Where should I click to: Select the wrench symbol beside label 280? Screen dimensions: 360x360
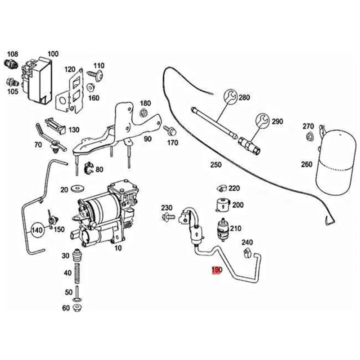pyautogui.click(x=229, y=97)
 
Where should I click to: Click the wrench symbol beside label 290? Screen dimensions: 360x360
pyautogui.click(x=262, y=120)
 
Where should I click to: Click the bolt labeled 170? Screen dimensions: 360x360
pyautogui.click(x=171, y=131)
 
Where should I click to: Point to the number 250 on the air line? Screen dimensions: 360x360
pyautogui.click(x=216, y=165)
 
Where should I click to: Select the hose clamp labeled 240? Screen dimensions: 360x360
pyautogui.click(x=247, y=253)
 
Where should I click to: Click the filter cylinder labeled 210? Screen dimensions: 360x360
pyautogui.click(x=223, y=228)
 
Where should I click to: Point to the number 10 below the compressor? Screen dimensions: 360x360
pyautogui.click(x=118, y=248)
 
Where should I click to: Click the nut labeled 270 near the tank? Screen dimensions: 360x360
pyautogui.click(x=309, y=136)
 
